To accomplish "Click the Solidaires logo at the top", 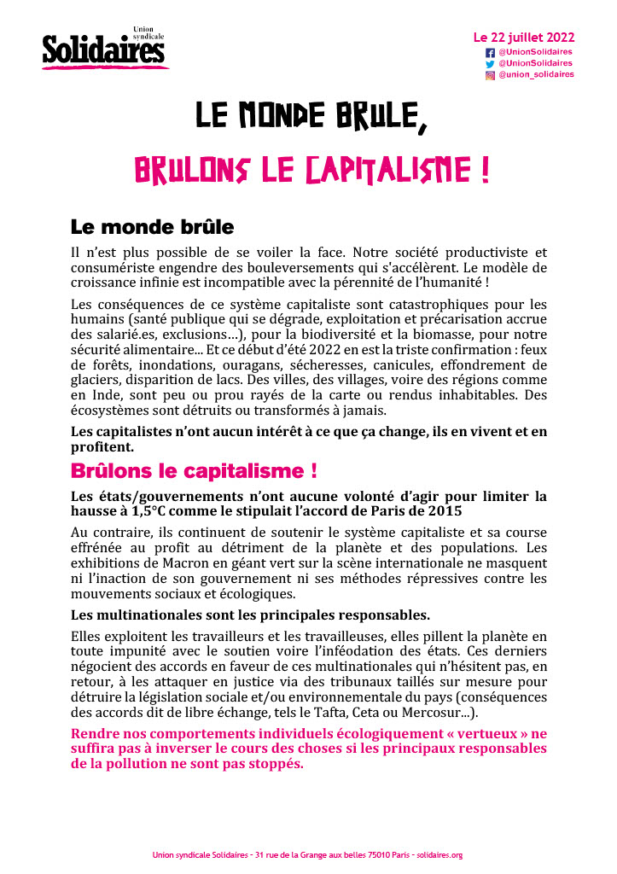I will [x=104, y=50].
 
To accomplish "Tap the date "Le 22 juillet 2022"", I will [x=523, y=38].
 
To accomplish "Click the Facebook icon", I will [x=490, y=52].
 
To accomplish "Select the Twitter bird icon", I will [x=490, y=63].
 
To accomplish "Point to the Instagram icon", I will [x=490, y=75].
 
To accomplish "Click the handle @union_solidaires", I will [x=536, y=75].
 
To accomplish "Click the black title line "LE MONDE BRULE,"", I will [x=311, y=117].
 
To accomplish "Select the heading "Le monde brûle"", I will [x=152, y=228].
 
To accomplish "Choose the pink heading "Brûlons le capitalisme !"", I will [x=195, y=471].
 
